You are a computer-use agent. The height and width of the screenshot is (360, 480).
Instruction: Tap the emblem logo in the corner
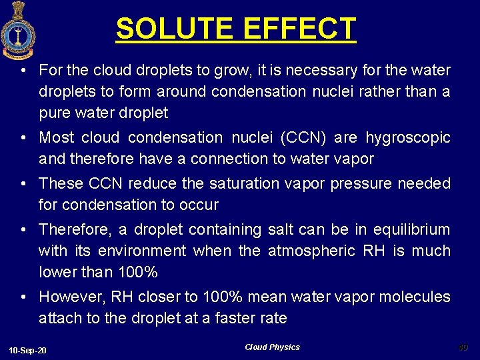pyautogui.click(x=18, y=30)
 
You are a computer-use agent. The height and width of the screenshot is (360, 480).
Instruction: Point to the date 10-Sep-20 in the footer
pyautogui.click(x=27, y=350)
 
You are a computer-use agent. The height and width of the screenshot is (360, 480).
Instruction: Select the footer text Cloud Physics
pyautogui.click(x=272, y=347)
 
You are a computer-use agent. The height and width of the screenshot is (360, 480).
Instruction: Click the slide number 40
pyautogui.click(x=463, y=347)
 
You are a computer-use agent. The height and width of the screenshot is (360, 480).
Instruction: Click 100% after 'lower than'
pyautogui.click(x=137, y=273)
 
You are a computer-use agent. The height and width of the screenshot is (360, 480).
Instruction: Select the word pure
pyautogui.click(x=53, y=113)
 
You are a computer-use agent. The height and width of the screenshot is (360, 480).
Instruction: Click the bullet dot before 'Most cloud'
pyautogui.click(x=23, y=138)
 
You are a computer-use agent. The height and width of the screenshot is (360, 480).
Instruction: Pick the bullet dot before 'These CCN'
pyautogui.click(x=23, y=183)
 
